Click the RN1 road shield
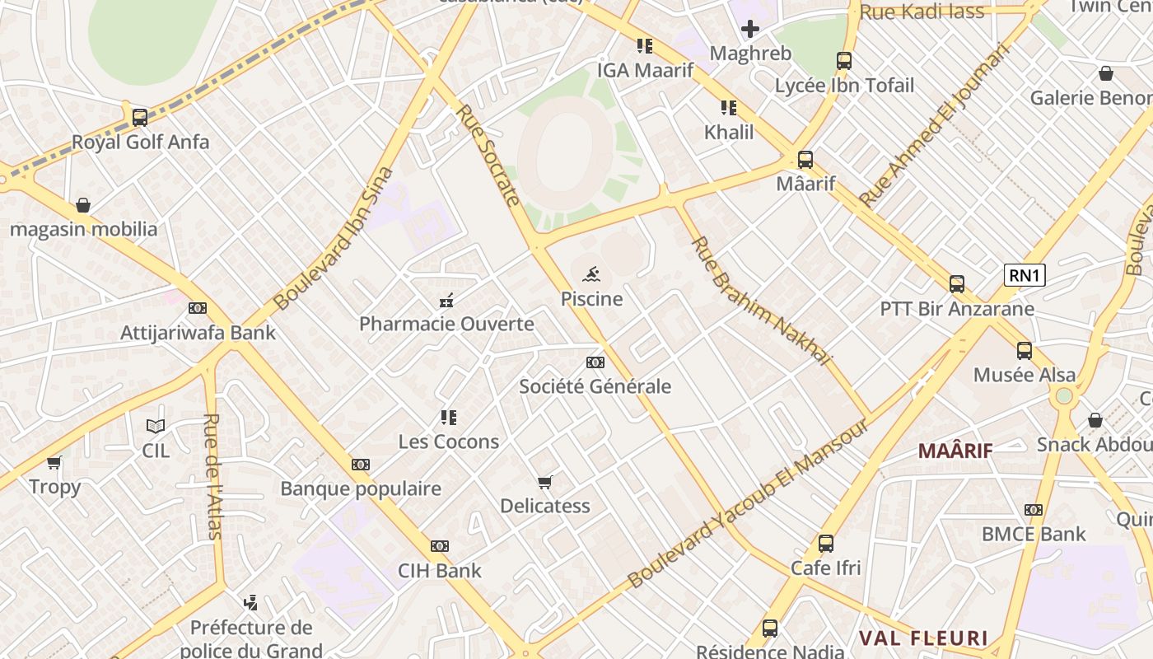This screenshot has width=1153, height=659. (1025, 275)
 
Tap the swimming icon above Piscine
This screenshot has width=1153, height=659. (591, 274)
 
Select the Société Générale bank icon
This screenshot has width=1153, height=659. (595, 362)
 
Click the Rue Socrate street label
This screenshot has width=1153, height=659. (489, 155)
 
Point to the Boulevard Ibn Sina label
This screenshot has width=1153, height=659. (334, 239)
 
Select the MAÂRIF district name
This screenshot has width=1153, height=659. (955, 451)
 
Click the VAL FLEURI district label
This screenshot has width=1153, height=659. (923, 638)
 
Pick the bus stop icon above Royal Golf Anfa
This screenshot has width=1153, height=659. (140, 117)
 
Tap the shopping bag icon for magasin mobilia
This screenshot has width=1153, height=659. (83, 204)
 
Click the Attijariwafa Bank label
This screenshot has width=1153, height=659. (198, 334)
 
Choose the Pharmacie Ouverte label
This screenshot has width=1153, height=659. (446, 324)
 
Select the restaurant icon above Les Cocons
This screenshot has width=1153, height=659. (448, 418)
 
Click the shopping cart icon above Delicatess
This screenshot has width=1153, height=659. (544, 482)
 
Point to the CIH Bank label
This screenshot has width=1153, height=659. (440, 570)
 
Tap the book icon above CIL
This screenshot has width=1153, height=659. (156, 426)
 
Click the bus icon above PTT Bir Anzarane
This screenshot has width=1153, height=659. (956, 284)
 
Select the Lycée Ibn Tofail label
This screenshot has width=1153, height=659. (844, 85)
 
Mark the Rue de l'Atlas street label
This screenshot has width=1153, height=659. (212, 476)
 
